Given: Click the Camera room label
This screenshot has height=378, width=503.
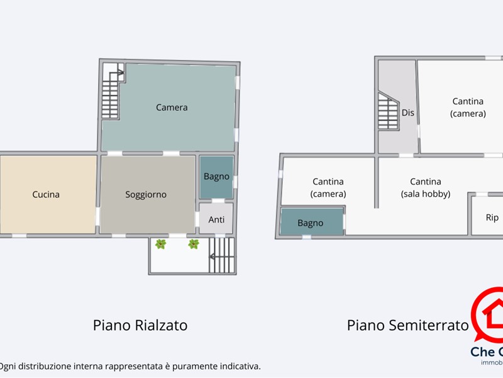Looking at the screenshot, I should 172,107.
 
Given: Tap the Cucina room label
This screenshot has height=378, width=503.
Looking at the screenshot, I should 46,194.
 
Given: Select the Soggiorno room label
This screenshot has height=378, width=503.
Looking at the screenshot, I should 146,194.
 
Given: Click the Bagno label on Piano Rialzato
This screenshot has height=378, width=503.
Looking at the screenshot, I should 216,176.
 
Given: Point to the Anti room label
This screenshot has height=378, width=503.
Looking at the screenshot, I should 216,219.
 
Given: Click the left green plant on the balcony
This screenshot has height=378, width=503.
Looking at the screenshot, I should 161,244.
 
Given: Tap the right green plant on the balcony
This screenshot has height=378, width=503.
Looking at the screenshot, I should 194,244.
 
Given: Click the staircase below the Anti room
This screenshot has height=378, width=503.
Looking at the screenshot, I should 221,255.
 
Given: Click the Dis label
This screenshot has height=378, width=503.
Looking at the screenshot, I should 408,113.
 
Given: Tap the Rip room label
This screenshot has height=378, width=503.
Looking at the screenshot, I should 492,217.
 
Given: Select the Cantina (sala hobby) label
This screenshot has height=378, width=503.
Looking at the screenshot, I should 426,188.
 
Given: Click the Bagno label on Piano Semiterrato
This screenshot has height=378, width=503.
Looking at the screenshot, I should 310,222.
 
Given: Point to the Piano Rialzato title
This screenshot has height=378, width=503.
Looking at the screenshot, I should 140,325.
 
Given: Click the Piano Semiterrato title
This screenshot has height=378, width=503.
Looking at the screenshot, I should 408,325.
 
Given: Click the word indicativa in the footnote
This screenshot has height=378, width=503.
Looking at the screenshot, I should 239,366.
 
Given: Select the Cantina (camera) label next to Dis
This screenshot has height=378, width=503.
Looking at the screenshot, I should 468,107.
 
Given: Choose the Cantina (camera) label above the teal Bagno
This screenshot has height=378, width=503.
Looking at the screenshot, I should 328,188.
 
